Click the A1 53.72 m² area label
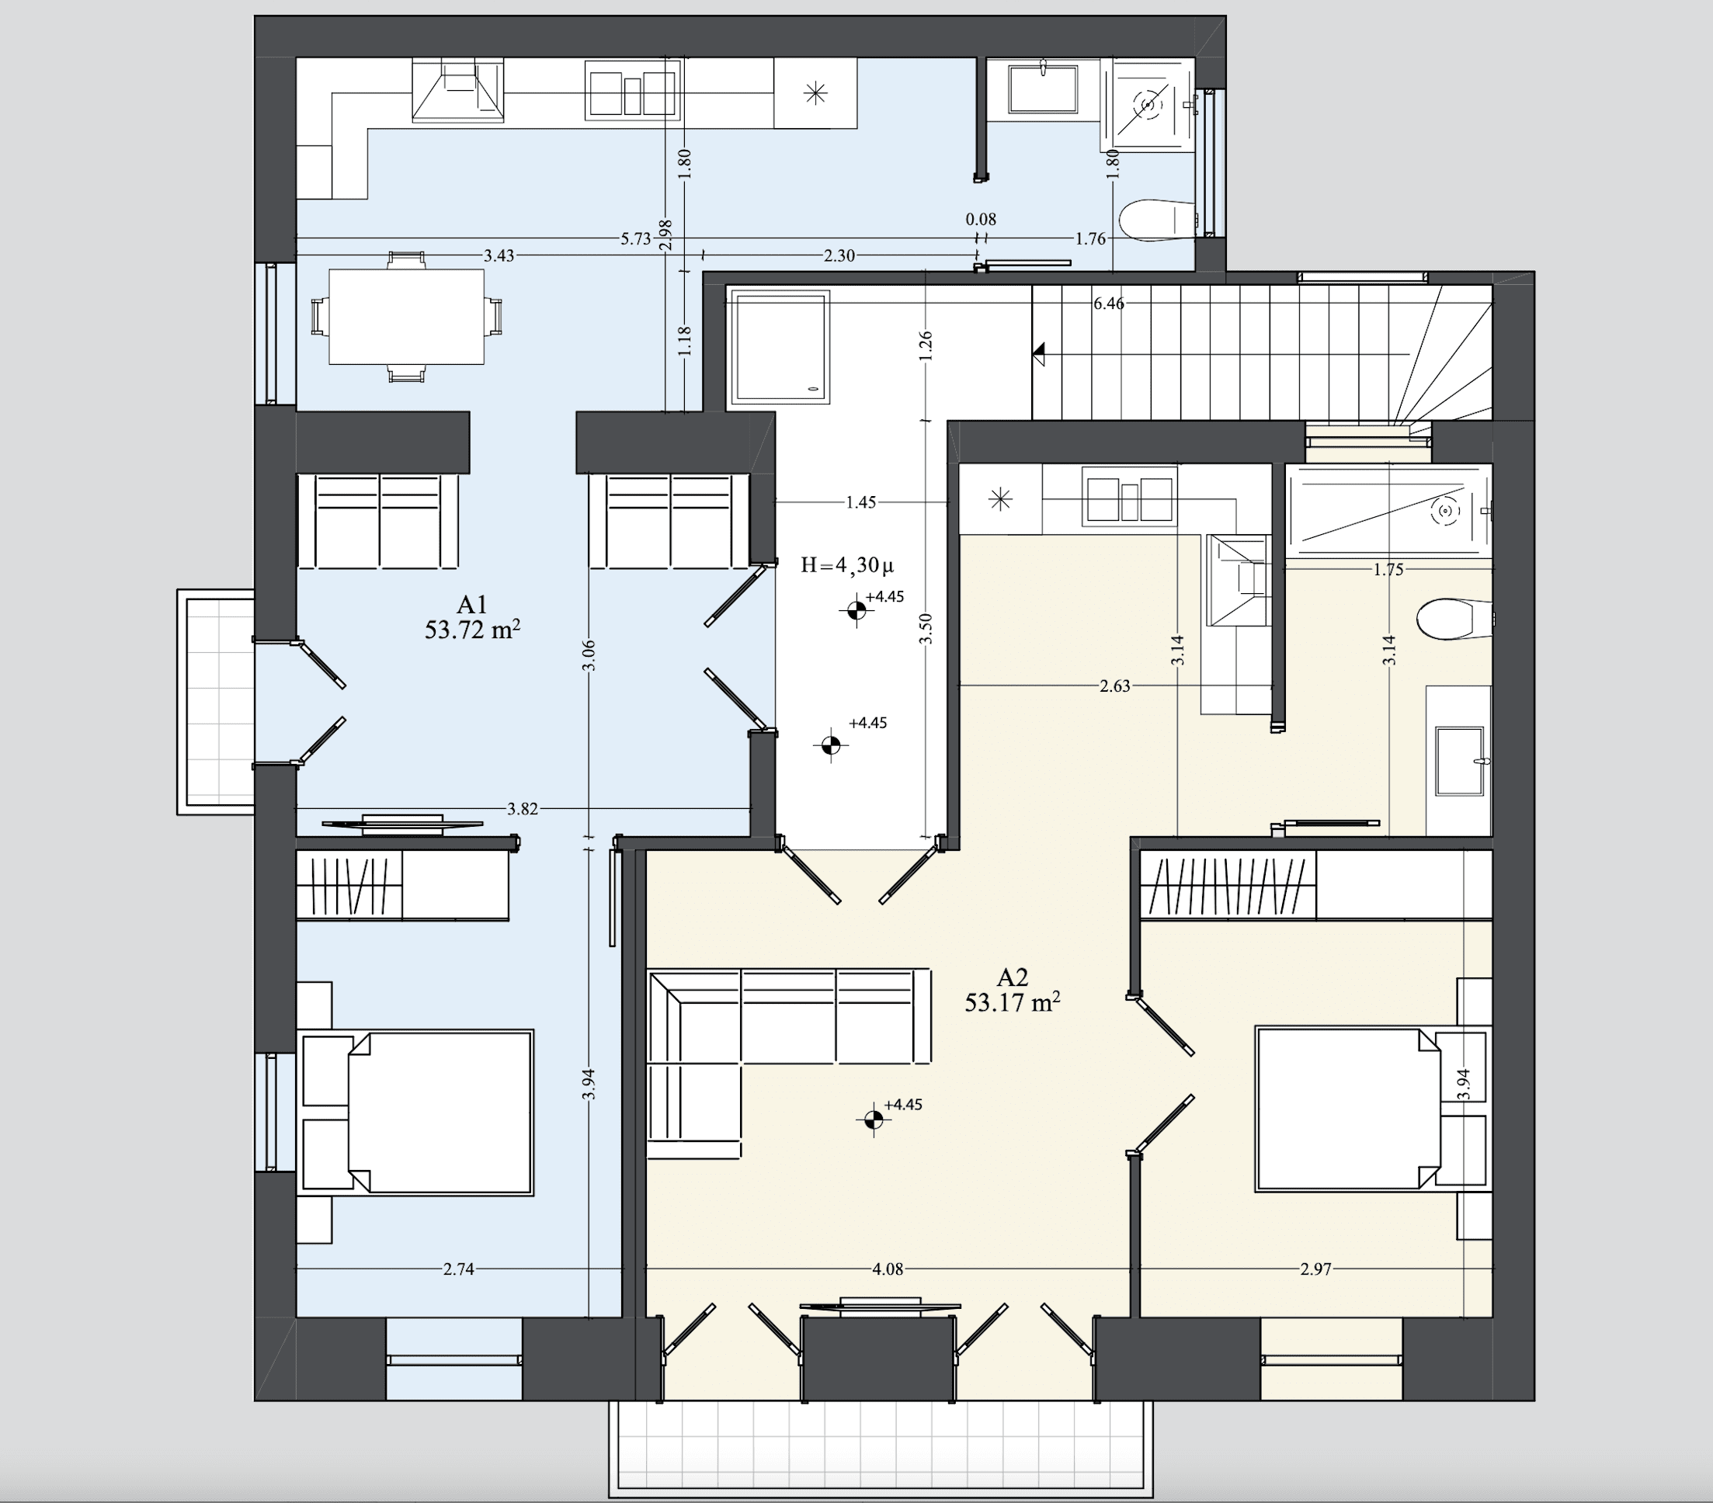[x=472, y=617]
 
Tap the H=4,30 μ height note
[x=846, y=565]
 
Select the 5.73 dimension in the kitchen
[x=635, y=239]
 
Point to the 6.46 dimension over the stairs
[x=1109, y=304]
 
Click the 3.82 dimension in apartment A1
[x=522, y=808]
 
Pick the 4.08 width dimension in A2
[x=888, y=1269]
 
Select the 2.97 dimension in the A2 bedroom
[x=1315, y=1269]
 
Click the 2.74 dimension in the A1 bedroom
[x=458, y=1269]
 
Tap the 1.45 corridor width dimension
[x=860, y=502]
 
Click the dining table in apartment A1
[x=406, y=317]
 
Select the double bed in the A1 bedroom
[x=416, y=1112]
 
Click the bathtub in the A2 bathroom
[x=1389, y=511]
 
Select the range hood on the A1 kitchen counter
[x=457, y=91]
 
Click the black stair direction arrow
[x=1039, y=353]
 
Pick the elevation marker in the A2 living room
[x=874, y=1119]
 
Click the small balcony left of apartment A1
[x=216, y=702]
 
